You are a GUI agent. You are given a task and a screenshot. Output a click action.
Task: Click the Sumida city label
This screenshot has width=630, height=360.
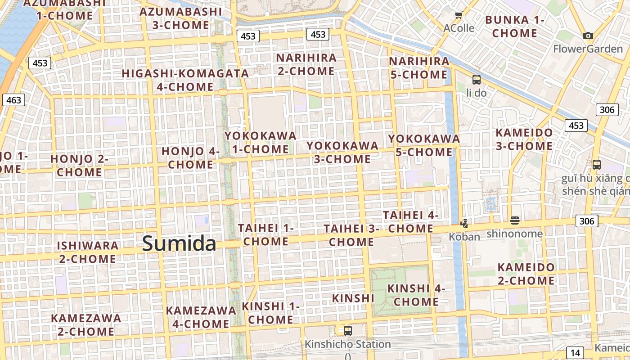point(179,243)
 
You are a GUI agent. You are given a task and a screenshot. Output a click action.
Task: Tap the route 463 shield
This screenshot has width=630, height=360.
point(13,100)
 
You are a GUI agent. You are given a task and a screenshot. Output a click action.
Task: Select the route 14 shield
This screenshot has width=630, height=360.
point(574,353)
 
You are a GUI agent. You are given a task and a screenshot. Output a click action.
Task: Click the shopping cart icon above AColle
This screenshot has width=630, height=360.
point(459,16)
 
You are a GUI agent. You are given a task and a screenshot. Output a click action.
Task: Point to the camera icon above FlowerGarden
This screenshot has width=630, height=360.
point(588,36)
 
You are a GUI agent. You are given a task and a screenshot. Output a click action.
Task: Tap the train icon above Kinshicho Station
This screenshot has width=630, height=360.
point(347,331)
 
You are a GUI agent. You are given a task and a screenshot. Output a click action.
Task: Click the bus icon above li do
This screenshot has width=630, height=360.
point(476,80)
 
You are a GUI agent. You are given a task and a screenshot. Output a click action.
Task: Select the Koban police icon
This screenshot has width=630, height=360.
point(464,223)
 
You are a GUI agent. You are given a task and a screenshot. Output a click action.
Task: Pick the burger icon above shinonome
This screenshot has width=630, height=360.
point(515,220)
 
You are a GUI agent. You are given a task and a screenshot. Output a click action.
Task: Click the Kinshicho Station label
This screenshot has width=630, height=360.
point(348,344)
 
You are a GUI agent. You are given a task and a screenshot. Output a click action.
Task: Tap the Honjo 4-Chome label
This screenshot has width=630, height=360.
point(191,158)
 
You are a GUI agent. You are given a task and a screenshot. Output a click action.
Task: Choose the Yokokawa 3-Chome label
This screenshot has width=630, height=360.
point(342,152)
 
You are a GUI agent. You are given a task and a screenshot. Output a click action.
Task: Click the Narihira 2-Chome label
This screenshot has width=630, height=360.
point(306,64)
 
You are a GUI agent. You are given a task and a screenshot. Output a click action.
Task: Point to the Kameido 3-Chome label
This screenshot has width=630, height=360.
point(524,139)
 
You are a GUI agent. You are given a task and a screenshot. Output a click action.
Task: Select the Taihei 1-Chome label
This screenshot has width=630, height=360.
point(265,234)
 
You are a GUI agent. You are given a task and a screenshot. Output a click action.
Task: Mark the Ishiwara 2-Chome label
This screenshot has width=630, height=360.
point(88,252)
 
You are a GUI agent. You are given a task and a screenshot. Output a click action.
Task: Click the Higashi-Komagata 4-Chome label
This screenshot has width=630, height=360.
point(185,80)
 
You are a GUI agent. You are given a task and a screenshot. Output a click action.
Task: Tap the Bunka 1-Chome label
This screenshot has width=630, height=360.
point(515,27)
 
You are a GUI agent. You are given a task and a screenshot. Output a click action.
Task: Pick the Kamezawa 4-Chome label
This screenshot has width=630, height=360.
point(201,317)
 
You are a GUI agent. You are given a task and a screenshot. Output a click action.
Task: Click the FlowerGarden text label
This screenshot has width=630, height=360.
point(588,49)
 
